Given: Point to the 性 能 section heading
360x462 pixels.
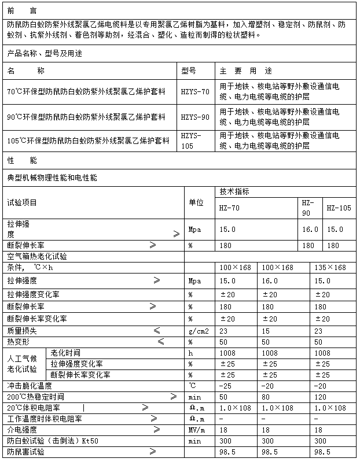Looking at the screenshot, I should coord(21,159).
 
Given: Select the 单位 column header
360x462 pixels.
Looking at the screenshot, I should coord(197,202).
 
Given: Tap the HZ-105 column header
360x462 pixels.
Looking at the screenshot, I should coord(339,208).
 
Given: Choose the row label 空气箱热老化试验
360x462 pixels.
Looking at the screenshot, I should coord(37,256).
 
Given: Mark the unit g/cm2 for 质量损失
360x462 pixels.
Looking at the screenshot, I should coord(198,331).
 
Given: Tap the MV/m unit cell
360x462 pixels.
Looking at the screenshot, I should coord(197,430).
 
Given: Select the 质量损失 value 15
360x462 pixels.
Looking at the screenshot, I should coord(267,331).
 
